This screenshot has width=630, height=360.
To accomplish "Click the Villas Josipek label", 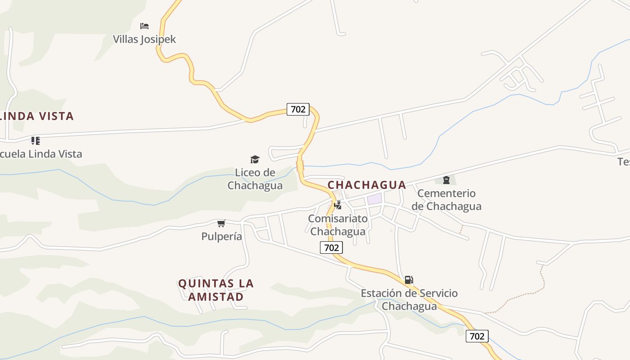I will click(144, 39).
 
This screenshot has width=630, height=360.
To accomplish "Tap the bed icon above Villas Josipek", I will click(144, 26).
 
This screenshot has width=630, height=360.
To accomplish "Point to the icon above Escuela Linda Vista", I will click(36, 141).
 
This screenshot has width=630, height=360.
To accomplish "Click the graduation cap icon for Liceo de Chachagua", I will click(255, 159).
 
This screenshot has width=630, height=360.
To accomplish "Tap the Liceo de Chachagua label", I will click(255, 179).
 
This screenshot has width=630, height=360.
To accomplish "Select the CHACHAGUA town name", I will click(367, 185).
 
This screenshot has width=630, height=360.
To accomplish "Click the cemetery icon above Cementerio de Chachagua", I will click(446, 180).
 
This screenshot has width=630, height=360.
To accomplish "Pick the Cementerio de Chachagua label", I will click(446, 200).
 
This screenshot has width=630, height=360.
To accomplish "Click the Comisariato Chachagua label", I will click(337, 225).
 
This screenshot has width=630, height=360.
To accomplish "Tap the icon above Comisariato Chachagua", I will click(337, 205).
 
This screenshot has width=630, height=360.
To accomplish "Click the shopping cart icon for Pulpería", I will click(221, 223).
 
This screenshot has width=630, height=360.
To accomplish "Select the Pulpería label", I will click(221, 236).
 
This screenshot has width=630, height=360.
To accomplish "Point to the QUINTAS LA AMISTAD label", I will click(216, 290).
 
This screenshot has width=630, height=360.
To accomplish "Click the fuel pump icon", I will click(409, 280).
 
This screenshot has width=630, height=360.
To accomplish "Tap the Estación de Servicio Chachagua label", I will click(409, 300).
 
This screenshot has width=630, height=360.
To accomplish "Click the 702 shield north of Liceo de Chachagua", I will click(298, 109).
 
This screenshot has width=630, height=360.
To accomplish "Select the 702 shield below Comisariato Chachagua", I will click(331, 247).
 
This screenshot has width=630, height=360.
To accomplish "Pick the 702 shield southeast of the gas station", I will click(477, 336).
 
